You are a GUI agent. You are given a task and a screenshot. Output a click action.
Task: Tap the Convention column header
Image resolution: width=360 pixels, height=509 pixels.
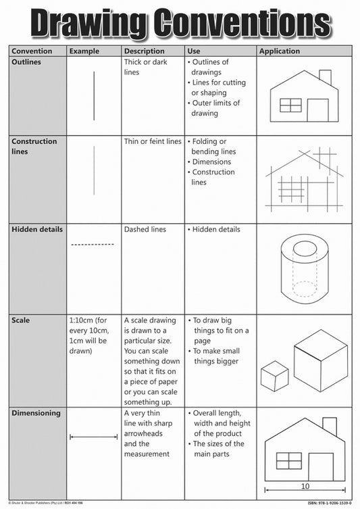coord(33,51)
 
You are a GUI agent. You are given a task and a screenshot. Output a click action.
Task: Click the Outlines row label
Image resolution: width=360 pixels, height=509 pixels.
coord(27,62)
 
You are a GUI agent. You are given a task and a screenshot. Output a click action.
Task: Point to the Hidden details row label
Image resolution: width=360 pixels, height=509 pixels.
coord(37,229)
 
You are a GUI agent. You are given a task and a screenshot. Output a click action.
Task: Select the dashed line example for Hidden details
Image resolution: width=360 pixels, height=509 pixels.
coord(93,244)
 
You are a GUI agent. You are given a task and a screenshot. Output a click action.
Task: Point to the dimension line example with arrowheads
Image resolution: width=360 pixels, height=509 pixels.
coord(93,437)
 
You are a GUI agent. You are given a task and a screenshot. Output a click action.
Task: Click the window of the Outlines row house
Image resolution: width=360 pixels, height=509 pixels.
coord(290,105)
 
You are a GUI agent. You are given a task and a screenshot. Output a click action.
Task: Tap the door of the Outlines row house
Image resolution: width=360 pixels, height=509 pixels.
coord(317,110)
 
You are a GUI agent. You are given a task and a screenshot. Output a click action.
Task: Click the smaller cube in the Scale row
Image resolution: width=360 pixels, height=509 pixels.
coord(274,375)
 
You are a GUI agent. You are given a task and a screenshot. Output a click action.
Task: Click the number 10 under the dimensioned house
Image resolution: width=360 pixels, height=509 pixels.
coord(305,485)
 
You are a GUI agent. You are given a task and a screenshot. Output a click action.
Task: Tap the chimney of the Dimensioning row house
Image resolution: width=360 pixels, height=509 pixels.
coord(329,427)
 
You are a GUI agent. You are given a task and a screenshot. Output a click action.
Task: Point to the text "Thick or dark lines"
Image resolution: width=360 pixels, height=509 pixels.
coord(146,66)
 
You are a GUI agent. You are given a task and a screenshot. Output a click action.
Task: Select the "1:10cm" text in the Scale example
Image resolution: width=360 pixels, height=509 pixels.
coord(82,320)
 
